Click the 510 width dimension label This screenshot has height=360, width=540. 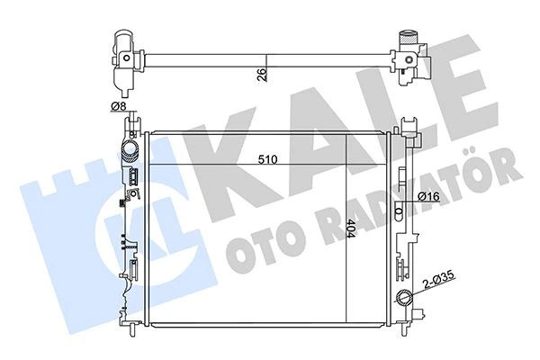pyautogui.click(x=268, y=159)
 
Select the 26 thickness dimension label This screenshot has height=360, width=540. pyautogui.click(x=263, y=74)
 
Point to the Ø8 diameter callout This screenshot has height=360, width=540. pyautogui.click(x=118, y=107)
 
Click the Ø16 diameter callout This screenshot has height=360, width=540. pyautogui.click(x=428, y=196)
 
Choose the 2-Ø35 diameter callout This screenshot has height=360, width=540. pyautogui.click(x=440, y=279)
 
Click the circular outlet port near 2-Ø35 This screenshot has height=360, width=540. pyautogui.click(x=403, y=298)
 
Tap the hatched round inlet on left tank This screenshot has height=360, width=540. pyautogui.click(x=130, y=150)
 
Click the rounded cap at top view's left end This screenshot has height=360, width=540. pyautogui.click(x=124, y=39)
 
